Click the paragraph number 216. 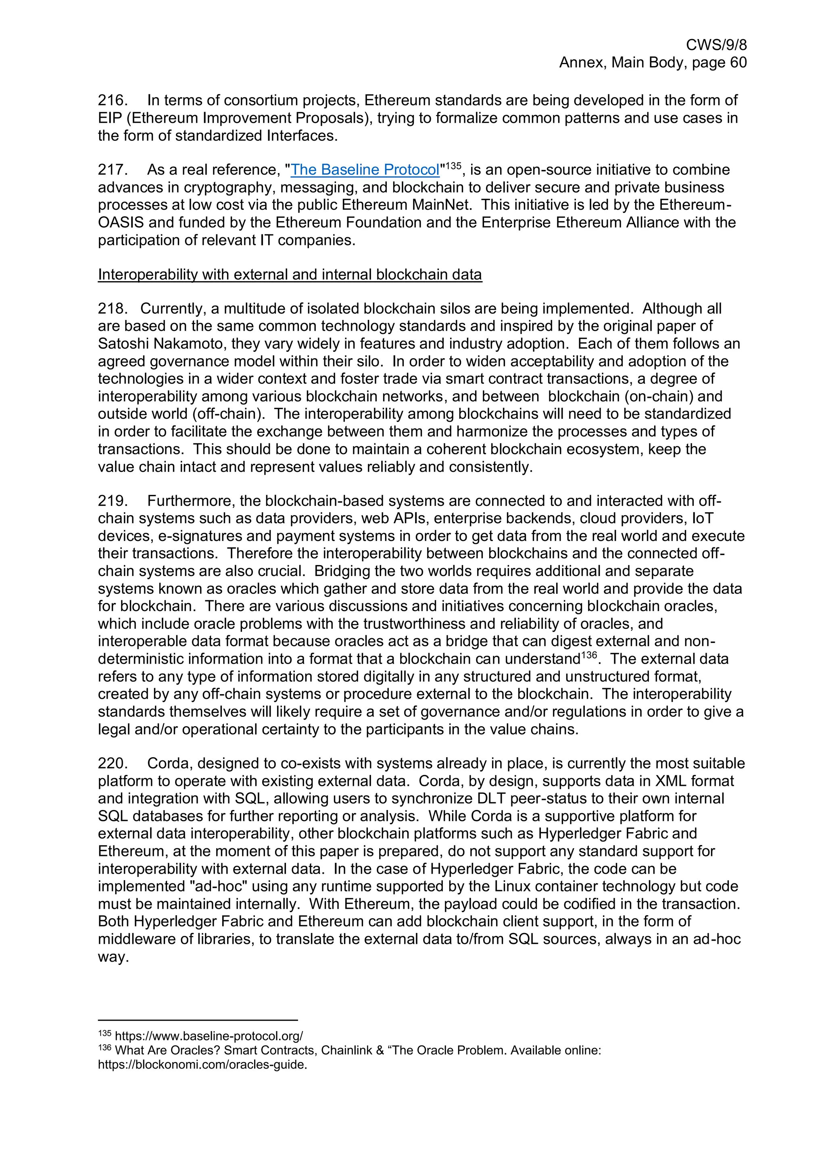pos(112,100)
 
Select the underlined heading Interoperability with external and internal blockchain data pos(290,275)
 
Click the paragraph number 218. pos(112,309)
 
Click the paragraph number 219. pos(112,501)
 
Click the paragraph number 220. pos(112,764)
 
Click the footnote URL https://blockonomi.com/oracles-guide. pos(202,1065)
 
